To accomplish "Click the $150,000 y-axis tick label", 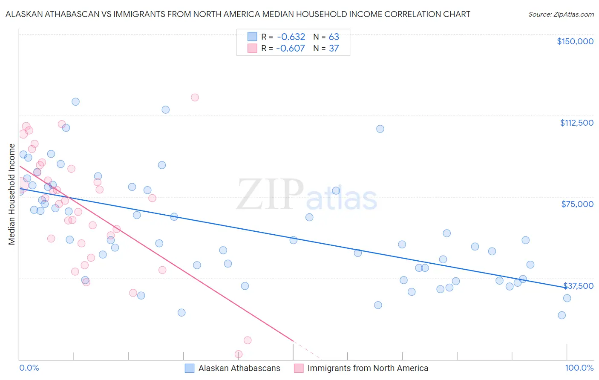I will click(x=575, y=41).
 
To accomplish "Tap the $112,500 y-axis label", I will click(x=576, y=123).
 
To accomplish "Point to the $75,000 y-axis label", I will click(x=577, y=204).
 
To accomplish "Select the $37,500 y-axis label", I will click(x=578, y=286).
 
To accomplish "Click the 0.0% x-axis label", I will click(x=29, y=368).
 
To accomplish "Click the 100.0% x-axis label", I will click(x=579, y=368).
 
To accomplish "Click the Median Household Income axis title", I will click(x=12, y=194).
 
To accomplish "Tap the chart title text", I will click(x=238, y=14).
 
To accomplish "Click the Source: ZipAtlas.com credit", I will click(x=561, y=14).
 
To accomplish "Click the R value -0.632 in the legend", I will click(x=291, y=37).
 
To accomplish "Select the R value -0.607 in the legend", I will click(x=291, y=48).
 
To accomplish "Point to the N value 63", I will click(x=334, y=37).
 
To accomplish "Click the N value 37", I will click(x=334, y=48).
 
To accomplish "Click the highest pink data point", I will click(x=195, y=97).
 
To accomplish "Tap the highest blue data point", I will click(x=75, y=101).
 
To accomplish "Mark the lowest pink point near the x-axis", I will click(x=239, y=354).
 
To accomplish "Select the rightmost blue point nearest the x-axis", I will click(x=562, y=315).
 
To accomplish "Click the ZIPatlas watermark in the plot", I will click(x=307, y=194).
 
